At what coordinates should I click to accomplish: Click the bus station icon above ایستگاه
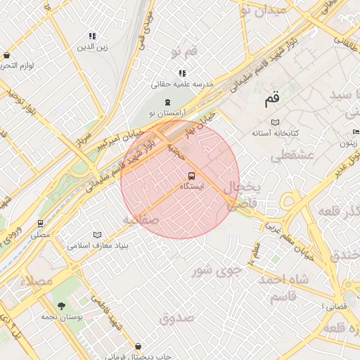click(x=191, y=176)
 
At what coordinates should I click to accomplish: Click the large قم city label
click(x=272, y=100)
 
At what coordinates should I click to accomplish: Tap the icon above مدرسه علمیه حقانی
click(x=182, y=73)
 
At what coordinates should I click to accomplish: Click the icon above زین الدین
click(x=92, y=36)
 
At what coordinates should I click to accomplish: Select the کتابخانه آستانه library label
click(x=276, y=133)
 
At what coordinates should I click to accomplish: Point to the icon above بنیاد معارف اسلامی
click(x=97, y=236)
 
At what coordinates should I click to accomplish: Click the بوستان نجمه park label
click(x=61, y=316)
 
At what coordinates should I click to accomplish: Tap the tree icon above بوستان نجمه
click(x=61, y=306)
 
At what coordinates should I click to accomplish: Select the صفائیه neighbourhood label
click(x=141, y=220)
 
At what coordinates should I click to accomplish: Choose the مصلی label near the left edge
click(x=40, y=234)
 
